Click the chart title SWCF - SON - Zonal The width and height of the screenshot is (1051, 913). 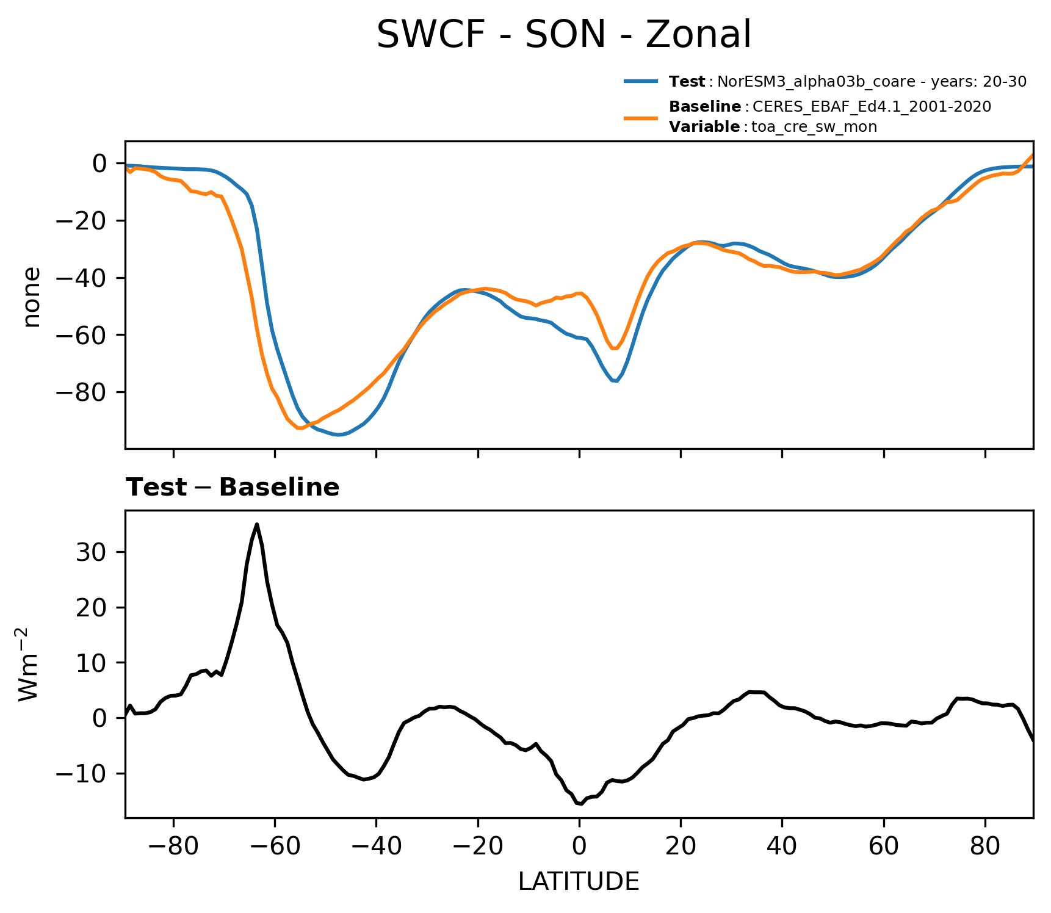coord(563,35)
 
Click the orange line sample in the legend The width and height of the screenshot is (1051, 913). coord(640,117)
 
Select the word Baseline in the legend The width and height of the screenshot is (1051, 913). coord(705,107)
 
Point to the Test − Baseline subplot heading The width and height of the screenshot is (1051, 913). coord(233,488)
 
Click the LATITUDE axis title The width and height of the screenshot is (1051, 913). coord(578,882)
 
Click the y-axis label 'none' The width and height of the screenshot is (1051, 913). coord(32,297)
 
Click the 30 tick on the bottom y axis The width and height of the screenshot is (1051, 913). coord(92,552)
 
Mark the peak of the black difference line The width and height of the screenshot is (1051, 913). coord(257,524)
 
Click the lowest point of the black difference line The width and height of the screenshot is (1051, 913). coord(581,804)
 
